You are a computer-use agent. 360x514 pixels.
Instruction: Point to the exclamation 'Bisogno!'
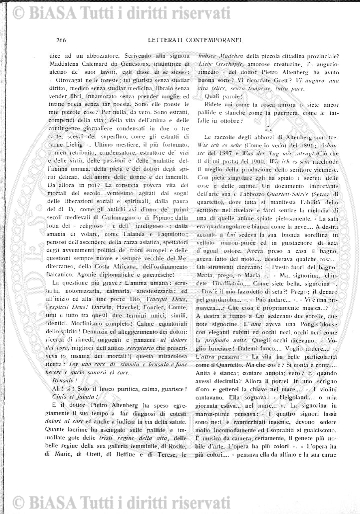pos(59,381)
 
